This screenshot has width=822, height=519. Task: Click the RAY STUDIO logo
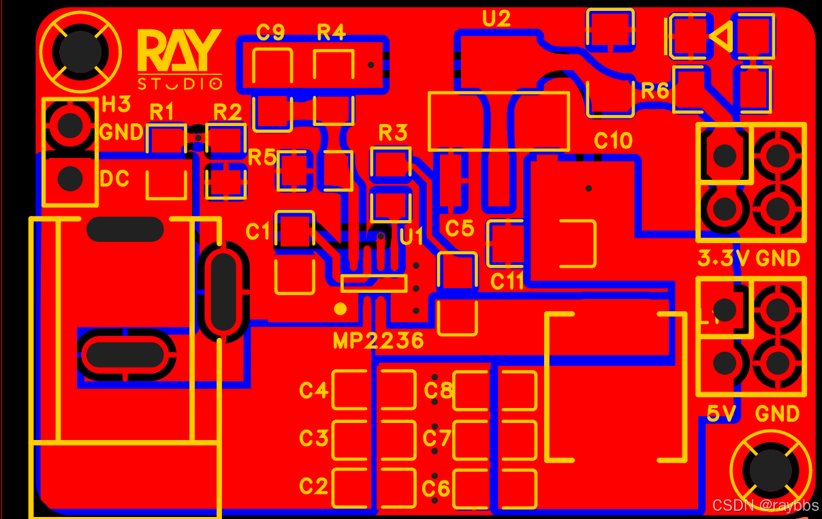[180, 59]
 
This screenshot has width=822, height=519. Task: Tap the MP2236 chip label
[379, 340]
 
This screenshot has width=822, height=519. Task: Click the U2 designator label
[496, 18]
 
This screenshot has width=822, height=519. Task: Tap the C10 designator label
[613, 140]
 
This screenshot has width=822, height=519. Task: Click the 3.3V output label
[723, 259]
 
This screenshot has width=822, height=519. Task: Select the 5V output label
[723, 413]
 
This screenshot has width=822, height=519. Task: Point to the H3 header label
[116, 104]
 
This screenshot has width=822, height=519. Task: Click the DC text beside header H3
[114, 178]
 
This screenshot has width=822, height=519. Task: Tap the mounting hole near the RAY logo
[80, 50]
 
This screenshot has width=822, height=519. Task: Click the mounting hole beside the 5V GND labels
[771, 469]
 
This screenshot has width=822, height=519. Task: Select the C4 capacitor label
[314, 390]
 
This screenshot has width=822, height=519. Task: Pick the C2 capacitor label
[314, 486]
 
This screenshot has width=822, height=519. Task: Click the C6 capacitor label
[436, 488]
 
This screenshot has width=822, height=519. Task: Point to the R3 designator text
[392, 132]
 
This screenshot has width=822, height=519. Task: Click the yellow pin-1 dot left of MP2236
[341, 309]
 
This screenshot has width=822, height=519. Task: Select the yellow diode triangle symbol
[721, 35]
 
